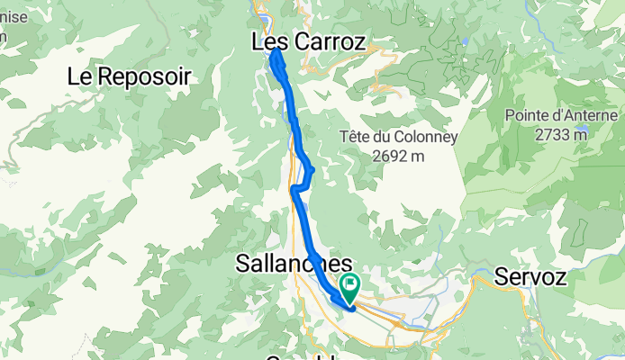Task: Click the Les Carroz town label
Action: pos(308,41)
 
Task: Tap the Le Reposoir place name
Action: pos(129,76)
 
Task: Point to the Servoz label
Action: pos(530,277)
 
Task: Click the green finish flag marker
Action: pos(348,287)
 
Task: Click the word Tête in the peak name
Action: pos(354,138)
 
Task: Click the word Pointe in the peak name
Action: pos(527,115)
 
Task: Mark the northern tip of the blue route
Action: pos(274,52)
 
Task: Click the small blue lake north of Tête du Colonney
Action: pos(464,41)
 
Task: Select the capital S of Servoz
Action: pos(502,277)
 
